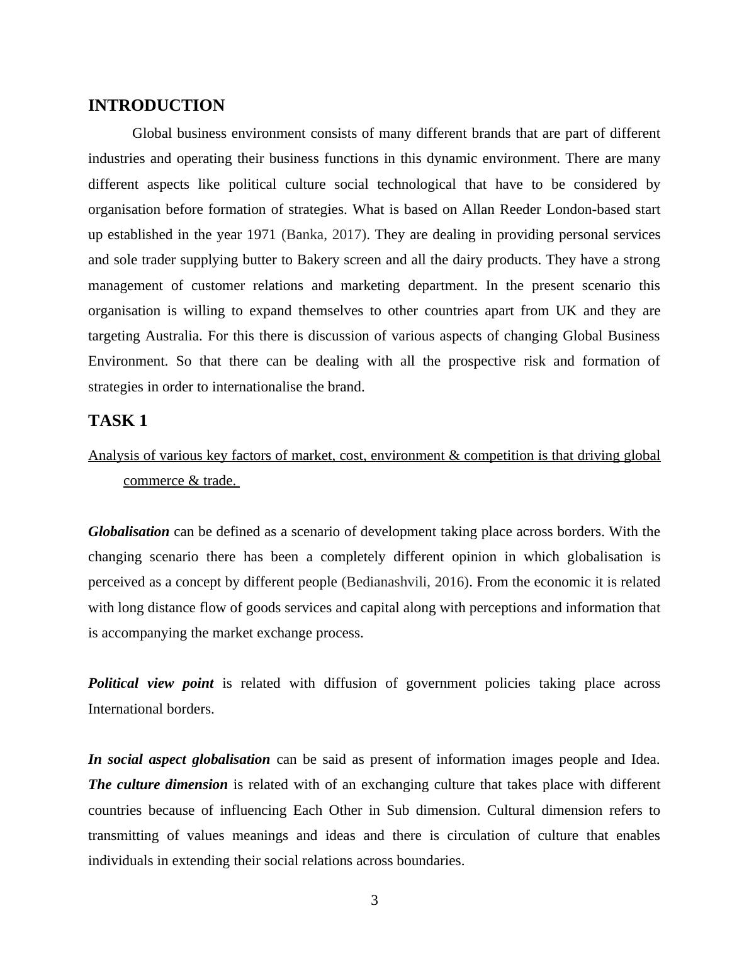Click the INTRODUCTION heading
[156, 106]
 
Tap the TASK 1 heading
[118, 421]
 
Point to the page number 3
[374, 900]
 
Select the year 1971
[261, 235]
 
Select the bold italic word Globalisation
[128, 532]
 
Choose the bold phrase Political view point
[150, 683]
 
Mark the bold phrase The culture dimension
[158, 785]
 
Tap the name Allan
[479, 210]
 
